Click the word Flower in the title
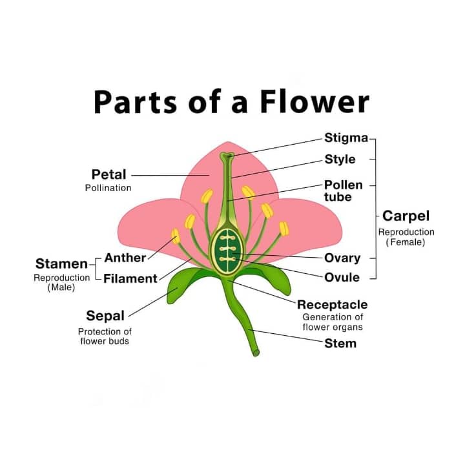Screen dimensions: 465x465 pos(316,102)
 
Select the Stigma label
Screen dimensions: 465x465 pos(346,138)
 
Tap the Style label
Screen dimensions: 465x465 pos(340,159)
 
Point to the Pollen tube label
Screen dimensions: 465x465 pos(344,191)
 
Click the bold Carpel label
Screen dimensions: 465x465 pos(406,216)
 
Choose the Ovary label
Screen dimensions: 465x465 pos(342,258)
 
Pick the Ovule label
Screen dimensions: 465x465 pos(342,278)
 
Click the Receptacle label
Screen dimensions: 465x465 pos(332,304)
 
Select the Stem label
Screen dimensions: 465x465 pos(340,343)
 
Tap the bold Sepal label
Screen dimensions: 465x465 pos(105,316)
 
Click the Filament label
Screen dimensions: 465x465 pos(130,279)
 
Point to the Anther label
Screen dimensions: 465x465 pos(125,258)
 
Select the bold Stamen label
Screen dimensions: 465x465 pos(61,263)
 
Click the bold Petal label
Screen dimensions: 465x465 pos(108,174)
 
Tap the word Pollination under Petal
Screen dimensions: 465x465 pos(108,188)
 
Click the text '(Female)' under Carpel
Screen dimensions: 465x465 pos(406,243)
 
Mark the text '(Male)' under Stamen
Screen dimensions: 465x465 pos(61,287)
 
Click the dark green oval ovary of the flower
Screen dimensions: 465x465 pos(226,249)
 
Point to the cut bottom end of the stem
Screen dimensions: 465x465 pos(256,353)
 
